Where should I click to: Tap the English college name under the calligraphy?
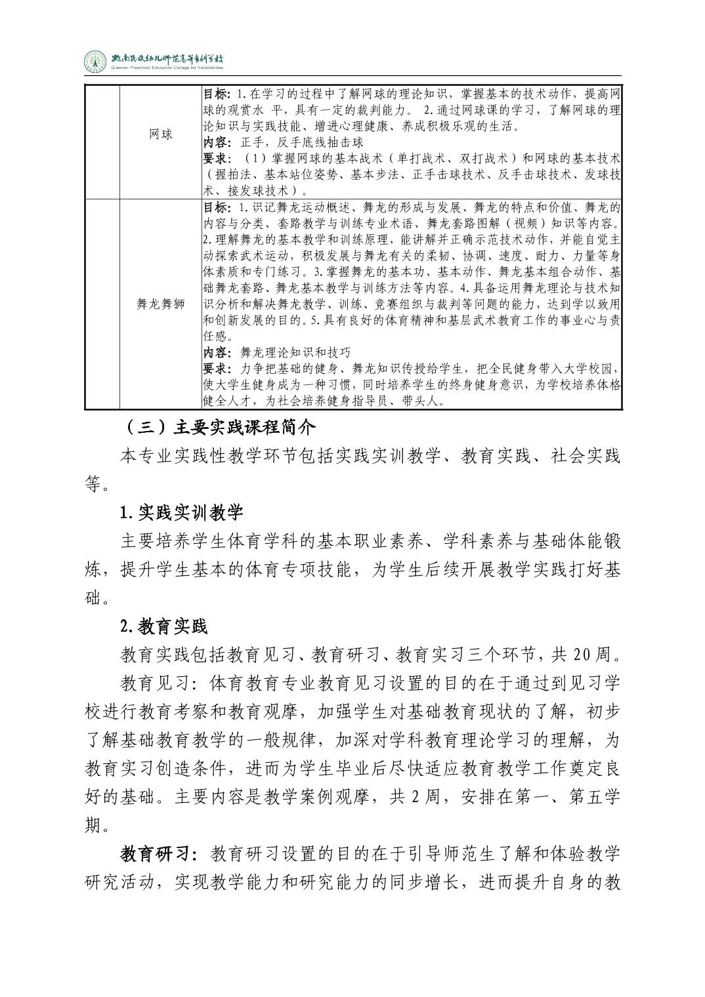tap(167, 68)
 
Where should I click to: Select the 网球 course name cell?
tap(160, 134)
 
